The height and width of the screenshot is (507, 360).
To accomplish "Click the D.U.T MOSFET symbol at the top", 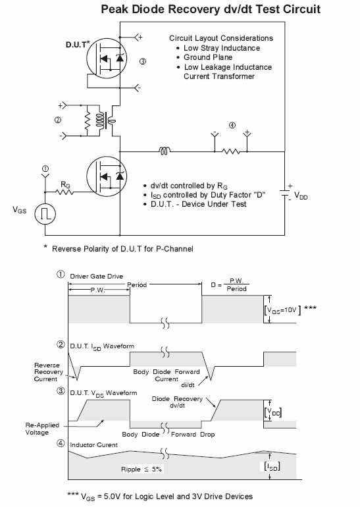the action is (x=107, y=58).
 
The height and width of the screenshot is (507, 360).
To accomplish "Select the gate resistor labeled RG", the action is (x=64, y=192).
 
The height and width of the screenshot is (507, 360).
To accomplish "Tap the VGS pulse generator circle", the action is (x=45, y=214).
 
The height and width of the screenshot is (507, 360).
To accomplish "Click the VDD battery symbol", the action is (x=285, y=193).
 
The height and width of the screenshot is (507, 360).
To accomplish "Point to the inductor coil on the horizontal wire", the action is (x=165, y=151).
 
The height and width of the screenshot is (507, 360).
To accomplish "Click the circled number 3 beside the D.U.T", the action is (x=143, y=61).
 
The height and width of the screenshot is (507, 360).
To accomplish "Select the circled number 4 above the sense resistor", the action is (x=232, y=125).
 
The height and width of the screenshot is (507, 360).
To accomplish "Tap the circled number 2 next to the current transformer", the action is (x=58, y=120).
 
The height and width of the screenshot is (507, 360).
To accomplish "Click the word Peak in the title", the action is (x=116, y=9).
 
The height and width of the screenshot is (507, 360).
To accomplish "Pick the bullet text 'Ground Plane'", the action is (x=208, y=57).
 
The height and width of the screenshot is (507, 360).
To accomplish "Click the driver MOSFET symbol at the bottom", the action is (x=107, y=176).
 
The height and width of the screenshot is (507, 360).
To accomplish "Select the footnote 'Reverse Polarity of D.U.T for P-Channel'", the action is (x=122, y=249).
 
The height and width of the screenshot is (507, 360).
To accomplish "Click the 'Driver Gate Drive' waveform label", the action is (x=97, y=277).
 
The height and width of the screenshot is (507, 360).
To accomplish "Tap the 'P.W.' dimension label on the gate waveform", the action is (x=98, y=290).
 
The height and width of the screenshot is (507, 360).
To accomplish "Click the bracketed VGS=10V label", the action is (x=282, y=310).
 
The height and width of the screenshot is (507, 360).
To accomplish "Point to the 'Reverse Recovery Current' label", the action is (x=47, y=372).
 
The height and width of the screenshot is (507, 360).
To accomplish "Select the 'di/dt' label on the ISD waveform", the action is (x=188, y=385).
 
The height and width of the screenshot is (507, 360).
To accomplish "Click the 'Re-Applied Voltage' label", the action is (x=42, y=429).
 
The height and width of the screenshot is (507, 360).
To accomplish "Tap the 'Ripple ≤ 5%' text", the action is (x=141, y=469).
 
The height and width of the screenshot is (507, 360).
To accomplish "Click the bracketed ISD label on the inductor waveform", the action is (x=272, y=467).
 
